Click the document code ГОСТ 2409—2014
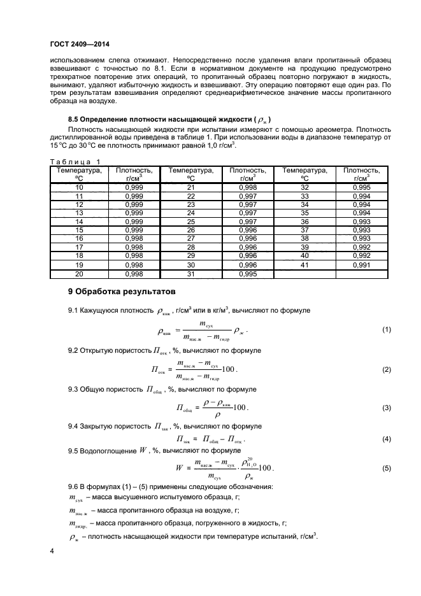[x=76, y=44]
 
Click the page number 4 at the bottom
[x=52, y=549]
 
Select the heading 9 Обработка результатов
[x=120, y=292]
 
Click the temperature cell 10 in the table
[x=80, y=188]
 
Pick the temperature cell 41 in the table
[x=304, y=264]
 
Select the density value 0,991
[x=361, y=264]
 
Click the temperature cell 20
[x=80, y=274]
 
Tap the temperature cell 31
[x=190, y=274]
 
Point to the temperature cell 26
[x=190, y=230]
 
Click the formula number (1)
[x=385, y=330]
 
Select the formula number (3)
[x=385, y=408]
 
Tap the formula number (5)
[x=385, y=468]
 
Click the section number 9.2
[x=74, y=350]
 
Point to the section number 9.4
[x=74, y=426]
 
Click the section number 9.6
[x=74, y=487]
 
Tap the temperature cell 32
[x=304, y=188]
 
